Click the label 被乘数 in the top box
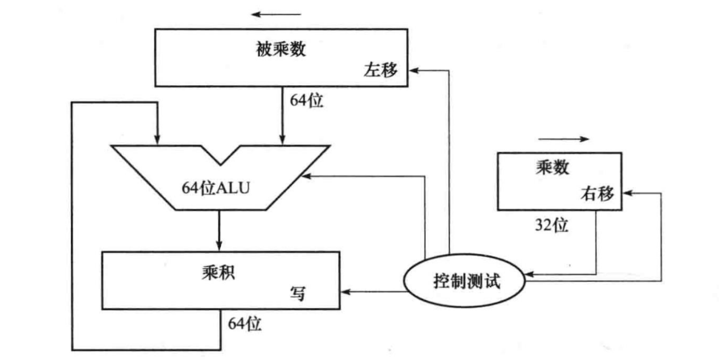tap(281, 50)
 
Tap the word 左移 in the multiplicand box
tap(380, 71)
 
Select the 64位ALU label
tap(216, 187)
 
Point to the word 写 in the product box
tap(297, 294)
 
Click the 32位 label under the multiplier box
tap(551, 225)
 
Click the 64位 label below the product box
tap(245, 324)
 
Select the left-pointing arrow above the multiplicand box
tap(277, 14)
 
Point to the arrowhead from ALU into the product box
tap(219, 245)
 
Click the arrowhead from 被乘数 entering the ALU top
tap(282, 139)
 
